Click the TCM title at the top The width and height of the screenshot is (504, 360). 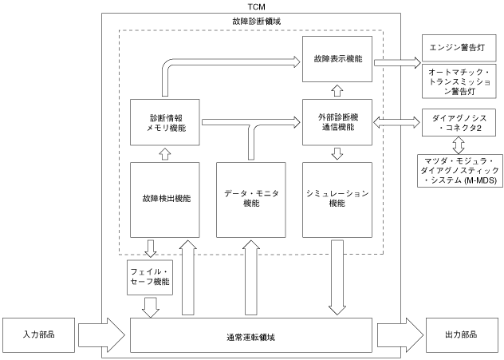click(256, 6)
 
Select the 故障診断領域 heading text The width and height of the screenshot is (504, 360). click(257, 22)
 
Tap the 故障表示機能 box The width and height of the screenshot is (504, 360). click(337, 59)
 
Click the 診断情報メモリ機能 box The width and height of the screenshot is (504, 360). click(165, 122)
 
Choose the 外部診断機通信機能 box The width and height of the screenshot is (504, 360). click(337, 122)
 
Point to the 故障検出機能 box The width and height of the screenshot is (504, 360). click(165, 200)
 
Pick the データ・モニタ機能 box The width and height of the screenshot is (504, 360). click(251, 200)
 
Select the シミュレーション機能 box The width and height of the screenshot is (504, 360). click(337, 200)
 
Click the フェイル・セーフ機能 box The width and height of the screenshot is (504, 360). click(150, 277)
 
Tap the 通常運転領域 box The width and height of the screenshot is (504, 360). click(251, 335)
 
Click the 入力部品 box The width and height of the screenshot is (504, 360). click(38, 335)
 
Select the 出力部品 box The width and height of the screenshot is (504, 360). click(461, 335)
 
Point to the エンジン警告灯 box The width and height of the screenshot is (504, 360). click(459, 48)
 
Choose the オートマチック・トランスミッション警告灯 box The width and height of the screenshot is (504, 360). click(459, 81)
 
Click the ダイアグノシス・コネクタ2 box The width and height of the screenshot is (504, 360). click(459, 123)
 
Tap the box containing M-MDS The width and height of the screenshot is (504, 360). click(460, 171)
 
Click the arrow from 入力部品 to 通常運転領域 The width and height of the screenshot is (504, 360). click(101, 335)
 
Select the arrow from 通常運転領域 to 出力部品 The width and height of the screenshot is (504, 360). click(400, 335)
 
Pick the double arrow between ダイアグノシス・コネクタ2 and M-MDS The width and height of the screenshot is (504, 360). click(459, 145)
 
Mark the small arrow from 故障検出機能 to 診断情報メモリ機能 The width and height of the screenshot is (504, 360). click(165, 154)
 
